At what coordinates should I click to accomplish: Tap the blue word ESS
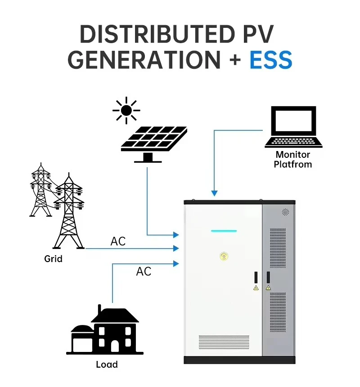point(271,60)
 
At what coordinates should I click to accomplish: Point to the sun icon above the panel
point(126,110)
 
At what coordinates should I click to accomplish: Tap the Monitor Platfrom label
point(293,160)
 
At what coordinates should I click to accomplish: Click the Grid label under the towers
point(53,259)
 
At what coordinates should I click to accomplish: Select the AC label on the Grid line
point(118,241)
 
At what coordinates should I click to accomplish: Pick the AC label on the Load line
point(144,271)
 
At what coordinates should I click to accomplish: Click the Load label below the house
point(107,365)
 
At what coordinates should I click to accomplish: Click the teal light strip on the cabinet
point(224,231)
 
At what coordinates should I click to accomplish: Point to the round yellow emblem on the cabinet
point(224,257)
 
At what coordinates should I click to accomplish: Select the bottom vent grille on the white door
point(224,343)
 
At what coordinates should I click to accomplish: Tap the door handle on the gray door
point(268,277)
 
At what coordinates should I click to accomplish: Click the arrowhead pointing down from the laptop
point(215,193)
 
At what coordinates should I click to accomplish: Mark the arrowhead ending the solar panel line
point(176,235)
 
